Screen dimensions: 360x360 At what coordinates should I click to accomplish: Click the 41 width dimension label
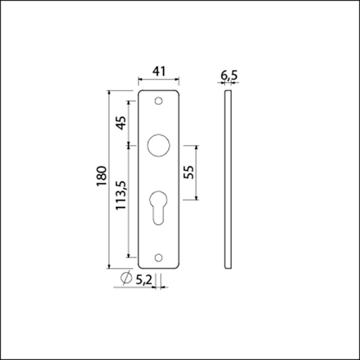159,71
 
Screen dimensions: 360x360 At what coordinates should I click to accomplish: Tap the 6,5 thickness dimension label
228,76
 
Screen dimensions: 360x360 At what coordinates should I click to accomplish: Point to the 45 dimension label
120,123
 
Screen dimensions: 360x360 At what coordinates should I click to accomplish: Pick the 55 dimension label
188,172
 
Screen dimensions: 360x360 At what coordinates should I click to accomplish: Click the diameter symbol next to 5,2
126,278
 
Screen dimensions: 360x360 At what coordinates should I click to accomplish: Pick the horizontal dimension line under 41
159,80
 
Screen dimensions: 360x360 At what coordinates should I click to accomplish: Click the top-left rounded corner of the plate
141,93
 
